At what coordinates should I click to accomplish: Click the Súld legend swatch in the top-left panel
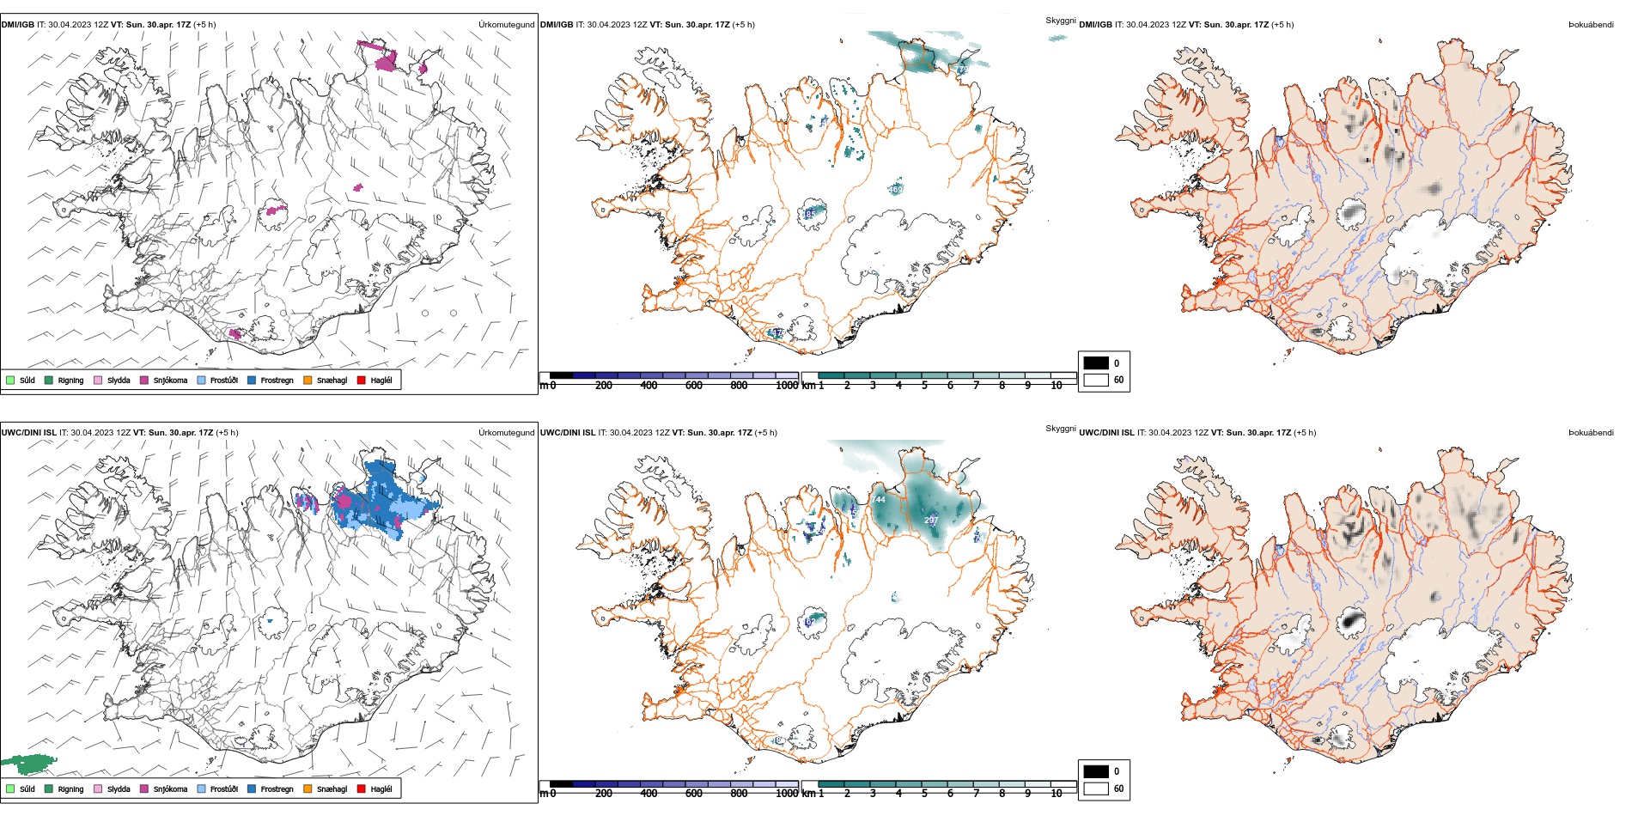[10, 380]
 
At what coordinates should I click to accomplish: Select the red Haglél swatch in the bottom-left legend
[362, 789]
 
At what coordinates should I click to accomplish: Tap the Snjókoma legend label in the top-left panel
[170, 381]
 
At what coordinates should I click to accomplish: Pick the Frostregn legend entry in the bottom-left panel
[277, 789]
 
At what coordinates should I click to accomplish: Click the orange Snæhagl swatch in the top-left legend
[308, 380]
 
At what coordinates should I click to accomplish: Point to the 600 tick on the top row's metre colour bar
[694, 385]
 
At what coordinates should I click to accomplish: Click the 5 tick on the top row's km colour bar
[924, 385]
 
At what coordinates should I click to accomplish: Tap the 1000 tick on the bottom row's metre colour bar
[787, 793]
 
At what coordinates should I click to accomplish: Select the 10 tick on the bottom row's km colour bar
[1057, 793]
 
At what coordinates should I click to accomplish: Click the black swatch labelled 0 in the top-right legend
[1096, 362]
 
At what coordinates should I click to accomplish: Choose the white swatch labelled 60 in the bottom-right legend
[1096, 788]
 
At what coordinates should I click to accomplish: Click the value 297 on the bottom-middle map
[931, 521]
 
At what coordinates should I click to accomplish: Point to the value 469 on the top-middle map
[895, 189]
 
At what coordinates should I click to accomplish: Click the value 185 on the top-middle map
[808, 214]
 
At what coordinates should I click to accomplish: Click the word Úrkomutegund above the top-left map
[506, 25]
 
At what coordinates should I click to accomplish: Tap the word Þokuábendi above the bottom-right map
[1591, 433]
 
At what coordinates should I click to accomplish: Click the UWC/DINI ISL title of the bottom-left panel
[28, 433]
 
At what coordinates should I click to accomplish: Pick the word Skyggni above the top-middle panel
[1060, 20]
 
